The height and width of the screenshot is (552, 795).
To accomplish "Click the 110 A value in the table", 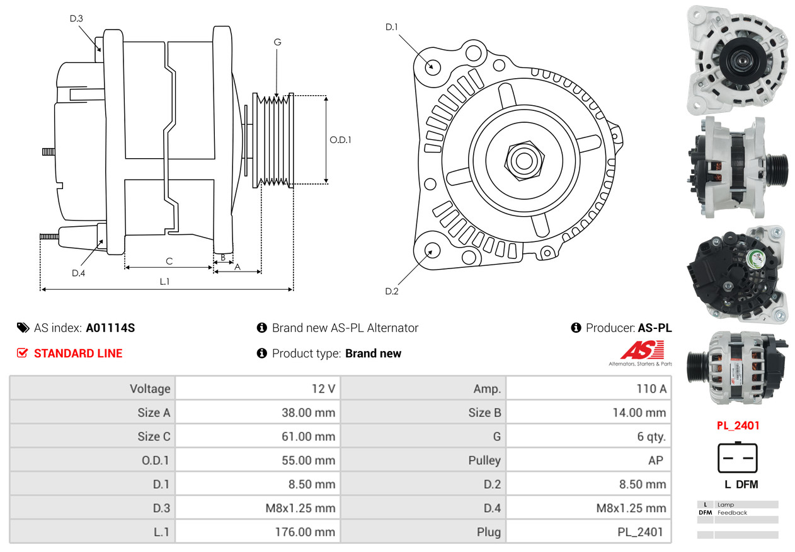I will [651, 389].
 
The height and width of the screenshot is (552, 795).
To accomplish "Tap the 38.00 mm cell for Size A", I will [308, 413].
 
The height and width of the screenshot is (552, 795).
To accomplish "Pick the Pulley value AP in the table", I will [655, 461].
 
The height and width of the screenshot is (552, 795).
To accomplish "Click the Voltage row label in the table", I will [150, 389].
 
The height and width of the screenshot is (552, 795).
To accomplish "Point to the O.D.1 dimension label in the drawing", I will [340, 140].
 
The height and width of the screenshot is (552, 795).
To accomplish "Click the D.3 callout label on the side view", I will [76, 19].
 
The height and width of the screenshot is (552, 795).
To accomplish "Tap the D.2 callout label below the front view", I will [392, 291].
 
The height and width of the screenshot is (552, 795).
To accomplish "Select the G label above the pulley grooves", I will [277, 42].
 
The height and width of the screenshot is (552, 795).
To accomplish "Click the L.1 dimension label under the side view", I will [164, 282].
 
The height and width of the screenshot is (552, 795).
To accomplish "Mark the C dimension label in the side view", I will [169, 261].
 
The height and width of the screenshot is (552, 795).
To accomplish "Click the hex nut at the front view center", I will [523, 159].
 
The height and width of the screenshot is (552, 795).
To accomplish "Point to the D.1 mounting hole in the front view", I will [433, 66].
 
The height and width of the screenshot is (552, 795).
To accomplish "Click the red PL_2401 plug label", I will [738, 425].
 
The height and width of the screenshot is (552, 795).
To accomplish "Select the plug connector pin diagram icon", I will [737, 458].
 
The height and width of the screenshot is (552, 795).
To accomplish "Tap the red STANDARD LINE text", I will [78, 354].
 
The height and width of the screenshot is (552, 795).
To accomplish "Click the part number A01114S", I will [110, 328].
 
